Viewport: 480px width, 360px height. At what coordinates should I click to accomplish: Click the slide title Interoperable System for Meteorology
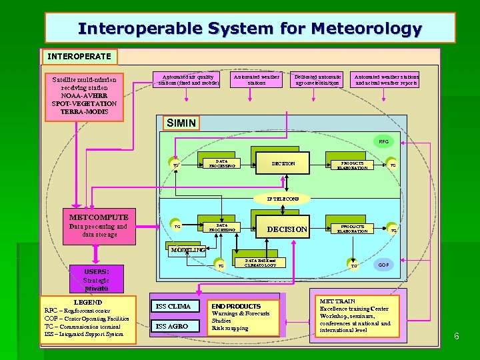click(x=249, y=29)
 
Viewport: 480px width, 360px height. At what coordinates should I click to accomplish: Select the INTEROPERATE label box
click(x=80, y=57)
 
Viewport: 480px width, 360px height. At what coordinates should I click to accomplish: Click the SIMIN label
click(x=181, y=123)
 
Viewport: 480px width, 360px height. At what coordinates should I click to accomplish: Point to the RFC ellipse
click(x=383, y=142)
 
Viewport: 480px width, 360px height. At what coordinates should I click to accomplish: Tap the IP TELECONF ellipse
click(x=283, y=199)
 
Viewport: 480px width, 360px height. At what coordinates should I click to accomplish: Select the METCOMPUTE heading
click(x=99, y=217)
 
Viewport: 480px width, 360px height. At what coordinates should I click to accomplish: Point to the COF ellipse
click(x=384, y=264)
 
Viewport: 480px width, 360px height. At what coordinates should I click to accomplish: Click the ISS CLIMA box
click(x=174, y=307)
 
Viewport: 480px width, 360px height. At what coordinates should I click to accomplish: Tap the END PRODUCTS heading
click(x=236, y=306)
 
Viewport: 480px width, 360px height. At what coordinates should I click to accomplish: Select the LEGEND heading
click(x=88, y=302)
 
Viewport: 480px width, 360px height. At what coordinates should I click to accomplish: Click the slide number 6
click(x=457, y=336)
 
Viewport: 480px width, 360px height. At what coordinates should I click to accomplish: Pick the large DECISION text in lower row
click(x=287, y=229)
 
